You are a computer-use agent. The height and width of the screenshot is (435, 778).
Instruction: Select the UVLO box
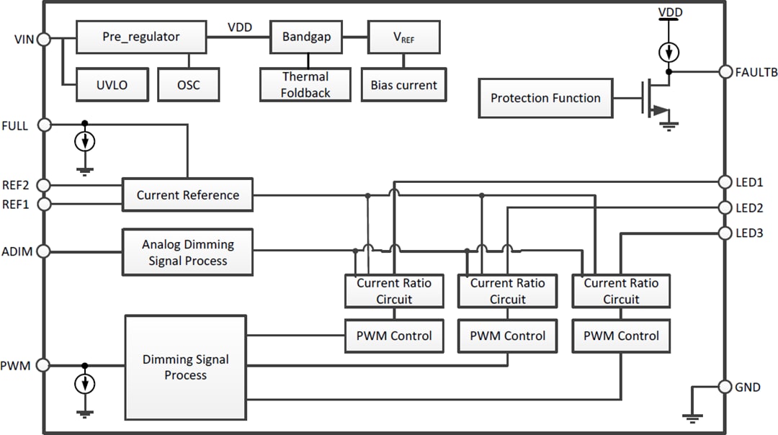tap(112, 85)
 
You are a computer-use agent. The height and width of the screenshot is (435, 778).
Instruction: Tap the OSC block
tap(188, 85)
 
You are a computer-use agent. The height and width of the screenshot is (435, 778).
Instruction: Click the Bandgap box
tap(306, 37)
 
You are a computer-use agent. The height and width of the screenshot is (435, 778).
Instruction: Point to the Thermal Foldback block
tap(305, 85)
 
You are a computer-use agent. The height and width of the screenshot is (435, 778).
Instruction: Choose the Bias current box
tap(403, 85)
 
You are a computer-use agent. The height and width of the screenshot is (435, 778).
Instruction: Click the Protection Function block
tap(545, 99)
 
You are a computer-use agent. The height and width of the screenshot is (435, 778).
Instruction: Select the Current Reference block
tap(187, 194)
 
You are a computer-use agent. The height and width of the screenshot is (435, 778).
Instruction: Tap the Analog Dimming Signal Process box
tap(187, 252)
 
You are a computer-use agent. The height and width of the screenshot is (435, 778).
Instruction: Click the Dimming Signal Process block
tap(185, 367)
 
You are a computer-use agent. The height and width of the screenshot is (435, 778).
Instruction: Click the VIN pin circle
tap(43, 40)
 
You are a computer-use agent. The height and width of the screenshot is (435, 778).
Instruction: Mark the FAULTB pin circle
tap(725, 72)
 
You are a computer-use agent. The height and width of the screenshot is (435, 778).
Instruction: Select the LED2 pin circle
tap(725, 207)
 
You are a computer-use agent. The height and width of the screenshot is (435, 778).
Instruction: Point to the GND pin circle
tap(725, 387)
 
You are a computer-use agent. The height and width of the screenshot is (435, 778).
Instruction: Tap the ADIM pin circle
tap(43, 251)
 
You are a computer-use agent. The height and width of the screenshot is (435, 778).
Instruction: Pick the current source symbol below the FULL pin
tap(85, 142)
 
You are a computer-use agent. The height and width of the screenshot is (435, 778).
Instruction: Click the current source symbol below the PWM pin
tap(85, 383)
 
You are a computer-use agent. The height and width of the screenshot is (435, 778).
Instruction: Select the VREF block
tap(403, 37)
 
